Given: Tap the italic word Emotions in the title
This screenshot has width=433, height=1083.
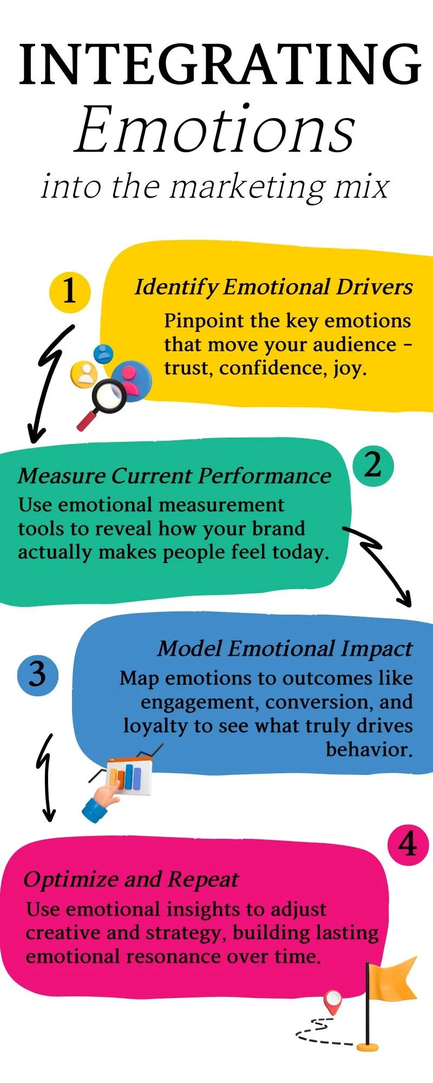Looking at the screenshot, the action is (215, 130).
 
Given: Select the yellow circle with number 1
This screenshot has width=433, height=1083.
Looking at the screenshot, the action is (69, 291).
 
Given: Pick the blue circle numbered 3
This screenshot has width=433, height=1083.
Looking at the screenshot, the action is (37, 675).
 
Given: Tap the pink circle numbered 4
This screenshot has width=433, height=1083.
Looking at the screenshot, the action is (408, 845).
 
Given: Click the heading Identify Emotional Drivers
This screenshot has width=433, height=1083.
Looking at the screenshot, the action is (273, 287).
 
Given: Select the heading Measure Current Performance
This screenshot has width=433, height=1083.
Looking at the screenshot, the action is (174, 476).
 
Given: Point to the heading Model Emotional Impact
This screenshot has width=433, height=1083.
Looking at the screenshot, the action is (285, 649).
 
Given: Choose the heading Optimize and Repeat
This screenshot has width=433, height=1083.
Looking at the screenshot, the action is (130, 879).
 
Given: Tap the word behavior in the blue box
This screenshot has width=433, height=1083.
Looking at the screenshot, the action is (369, 749).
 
